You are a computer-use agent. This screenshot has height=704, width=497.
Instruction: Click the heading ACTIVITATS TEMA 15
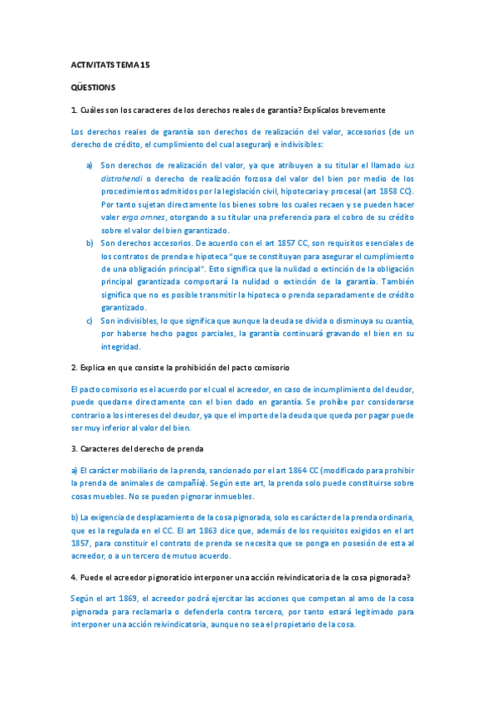click(110, 64)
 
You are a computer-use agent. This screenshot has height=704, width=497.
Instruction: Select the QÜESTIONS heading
click(93, 86)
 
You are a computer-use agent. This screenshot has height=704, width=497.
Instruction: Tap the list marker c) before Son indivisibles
click(90, 320)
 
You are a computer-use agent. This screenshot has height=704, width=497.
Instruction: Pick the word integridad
click(121, 346)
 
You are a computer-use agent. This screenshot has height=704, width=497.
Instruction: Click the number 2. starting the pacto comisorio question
click(75, 367)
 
